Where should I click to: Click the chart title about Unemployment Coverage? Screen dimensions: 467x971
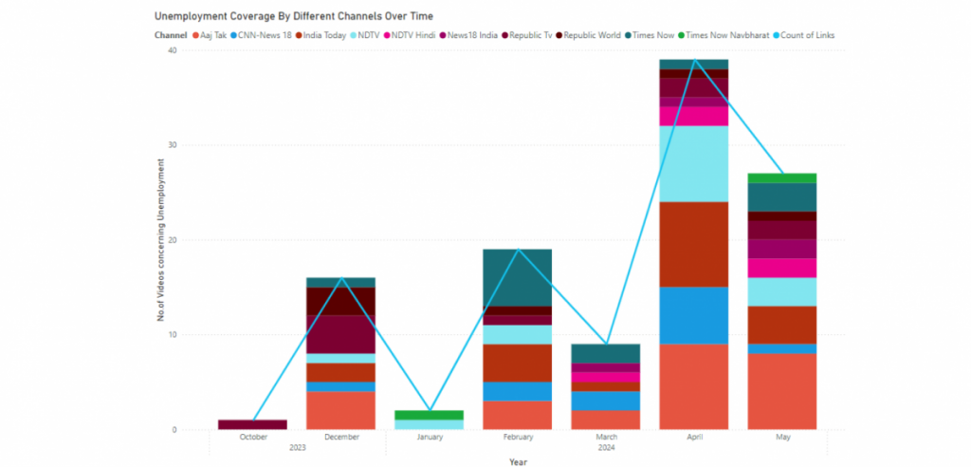click(294, 16)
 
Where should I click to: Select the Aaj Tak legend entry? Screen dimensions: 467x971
click(211, 35)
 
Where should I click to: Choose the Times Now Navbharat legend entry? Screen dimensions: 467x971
click(720, 35)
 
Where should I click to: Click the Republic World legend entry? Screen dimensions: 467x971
click(591, 35)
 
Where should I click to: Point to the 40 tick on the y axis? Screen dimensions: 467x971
click(172, 51)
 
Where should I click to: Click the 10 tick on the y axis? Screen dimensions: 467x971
click(172, 335)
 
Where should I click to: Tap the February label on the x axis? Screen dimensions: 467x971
click(519, 437)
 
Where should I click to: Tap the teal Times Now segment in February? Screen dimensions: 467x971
click(519, 277)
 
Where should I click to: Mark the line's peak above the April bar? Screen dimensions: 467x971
click(696, 60)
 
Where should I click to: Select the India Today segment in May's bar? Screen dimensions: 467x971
click(783, 325)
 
